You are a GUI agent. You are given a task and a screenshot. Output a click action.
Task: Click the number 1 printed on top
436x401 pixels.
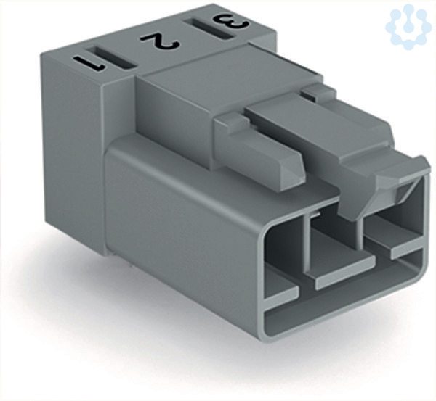tap(89, 64)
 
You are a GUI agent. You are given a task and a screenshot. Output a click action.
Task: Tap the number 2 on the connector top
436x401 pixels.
tap(160, 42)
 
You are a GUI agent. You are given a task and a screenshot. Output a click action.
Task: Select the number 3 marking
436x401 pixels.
tap(231, 22)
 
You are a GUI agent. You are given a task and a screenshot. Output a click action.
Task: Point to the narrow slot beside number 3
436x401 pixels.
tap(211, 29)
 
